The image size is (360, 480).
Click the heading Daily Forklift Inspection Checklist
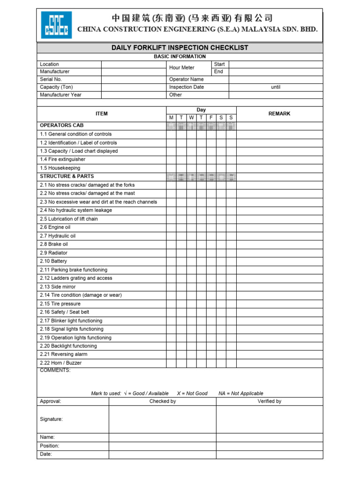point(180,48)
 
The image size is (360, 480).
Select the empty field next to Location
point(134,64)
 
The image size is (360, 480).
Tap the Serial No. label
point(51,79)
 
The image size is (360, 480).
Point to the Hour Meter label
point(182,67)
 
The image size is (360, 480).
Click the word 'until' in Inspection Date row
point(276,87)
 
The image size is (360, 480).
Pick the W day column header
point(191,118)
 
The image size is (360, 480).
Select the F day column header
point(211,118)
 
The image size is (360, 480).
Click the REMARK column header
point(279,113)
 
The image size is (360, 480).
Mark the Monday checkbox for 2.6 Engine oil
point(171,227)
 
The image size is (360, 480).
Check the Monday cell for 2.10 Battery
point(171,261)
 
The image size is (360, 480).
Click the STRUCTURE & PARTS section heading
point(67,176)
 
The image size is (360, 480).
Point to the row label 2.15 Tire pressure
point(60,304)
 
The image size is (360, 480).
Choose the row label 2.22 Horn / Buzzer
point(61,363)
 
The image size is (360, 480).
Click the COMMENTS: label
point(55,370)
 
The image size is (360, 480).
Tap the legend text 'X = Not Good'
point(192,393)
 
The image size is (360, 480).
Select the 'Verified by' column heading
point(270,401)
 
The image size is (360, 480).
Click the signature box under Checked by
point(162,419)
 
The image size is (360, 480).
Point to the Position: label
point(50,446)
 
